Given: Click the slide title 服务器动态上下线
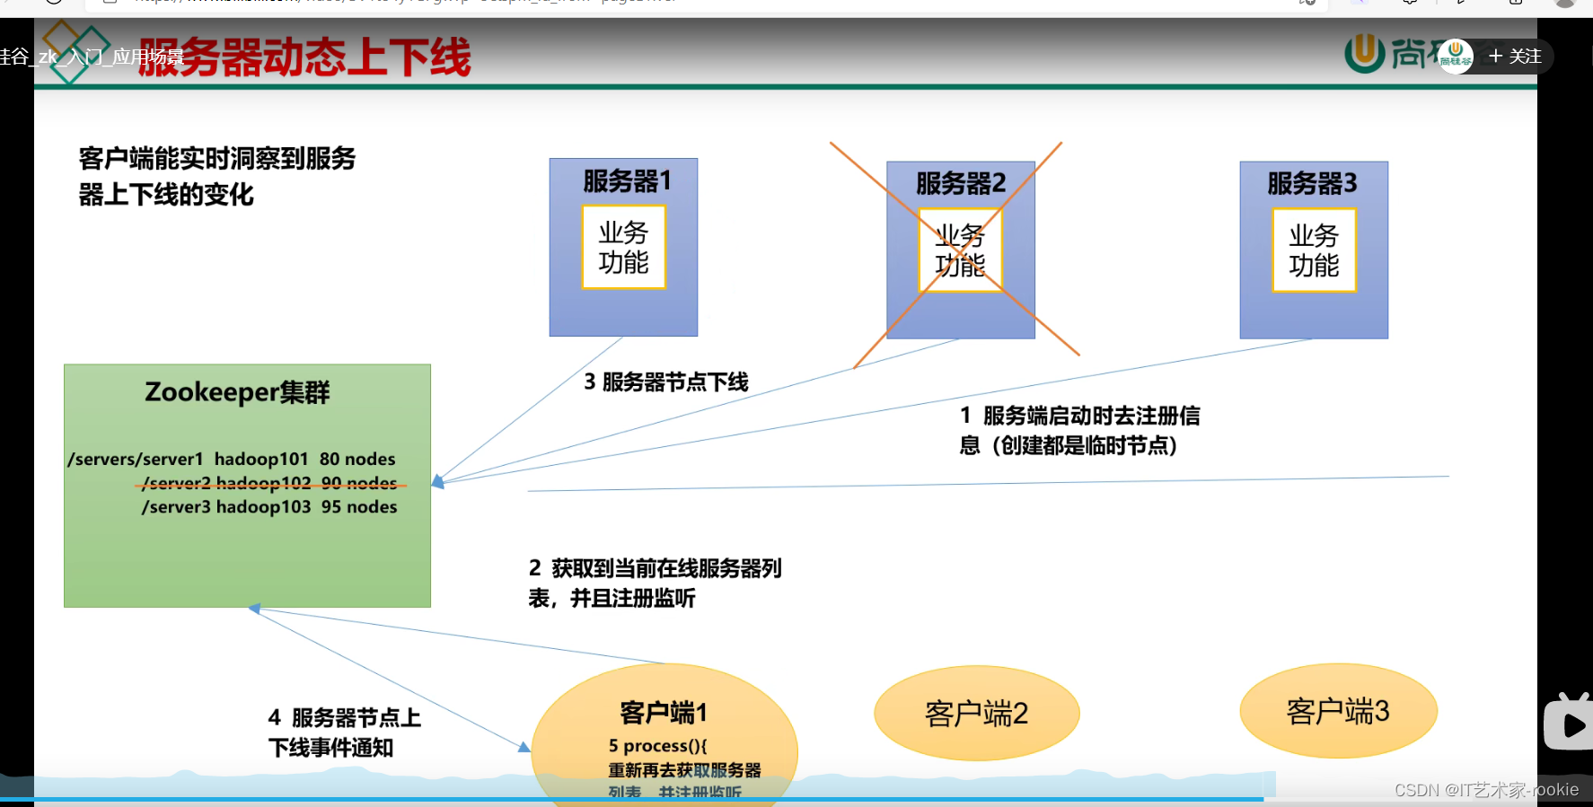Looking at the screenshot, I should click(x=304, y=57).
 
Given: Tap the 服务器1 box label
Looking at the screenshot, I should click(x=627, y=181).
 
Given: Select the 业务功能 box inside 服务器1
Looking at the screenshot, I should click(x=623, y=247).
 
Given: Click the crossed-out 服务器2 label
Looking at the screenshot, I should click(x=960, y=184).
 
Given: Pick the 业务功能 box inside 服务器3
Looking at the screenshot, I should click(x=1314, y=250).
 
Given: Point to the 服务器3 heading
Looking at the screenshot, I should click(x=1312, y=184).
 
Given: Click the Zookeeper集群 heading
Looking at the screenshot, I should click(x=238, y=392).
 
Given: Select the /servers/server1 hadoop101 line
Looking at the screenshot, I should click(x=232, y=459).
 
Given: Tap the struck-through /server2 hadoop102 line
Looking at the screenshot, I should click(x=269, y=484).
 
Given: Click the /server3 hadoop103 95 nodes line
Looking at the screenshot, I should click(x=269, y=507).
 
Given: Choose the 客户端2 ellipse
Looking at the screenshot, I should click(x=976, y=714).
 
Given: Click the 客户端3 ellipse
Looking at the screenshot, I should click(x=1338, y=711).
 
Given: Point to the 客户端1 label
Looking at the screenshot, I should click(x=664, y=713).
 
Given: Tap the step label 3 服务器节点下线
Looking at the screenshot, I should click(x=666, y=382).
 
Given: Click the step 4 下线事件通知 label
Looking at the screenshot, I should click(x=344, y=732).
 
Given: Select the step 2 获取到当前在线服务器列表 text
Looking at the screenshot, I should click(x=655, y=583).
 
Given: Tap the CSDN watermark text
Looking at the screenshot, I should click(x=1486, y=790).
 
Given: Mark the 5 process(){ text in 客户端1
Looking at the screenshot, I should click(x=658, y=746).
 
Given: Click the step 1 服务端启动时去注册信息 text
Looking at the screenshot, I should click(x=1079, y=430).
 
